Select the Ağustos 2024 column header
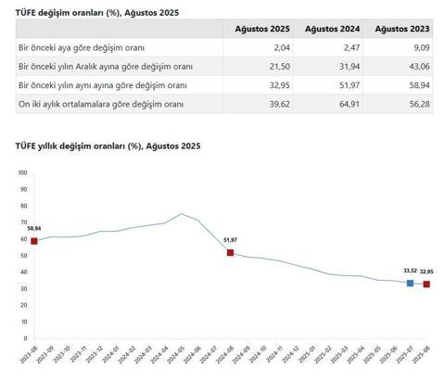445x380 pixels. point(332,30)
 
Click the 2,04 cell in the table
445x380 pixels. point(279,47)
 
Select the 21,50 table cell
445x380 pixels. point(277,66)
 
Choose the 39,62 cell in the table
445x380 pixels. point(277,103)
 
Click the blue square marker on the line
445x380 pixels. point(410,283)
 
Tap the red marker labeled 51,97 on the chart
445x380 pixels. point(230,252)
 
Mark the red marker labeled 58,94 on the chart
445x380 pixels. point(34,241)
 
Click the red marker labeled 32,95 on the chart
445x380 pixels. point(426,284)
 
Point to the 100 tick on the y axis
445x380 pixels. point(23,172)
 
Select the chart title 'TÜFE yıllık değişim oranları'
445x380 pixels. point(108,146)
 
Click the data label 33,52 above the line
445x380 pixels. point(409,272)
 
